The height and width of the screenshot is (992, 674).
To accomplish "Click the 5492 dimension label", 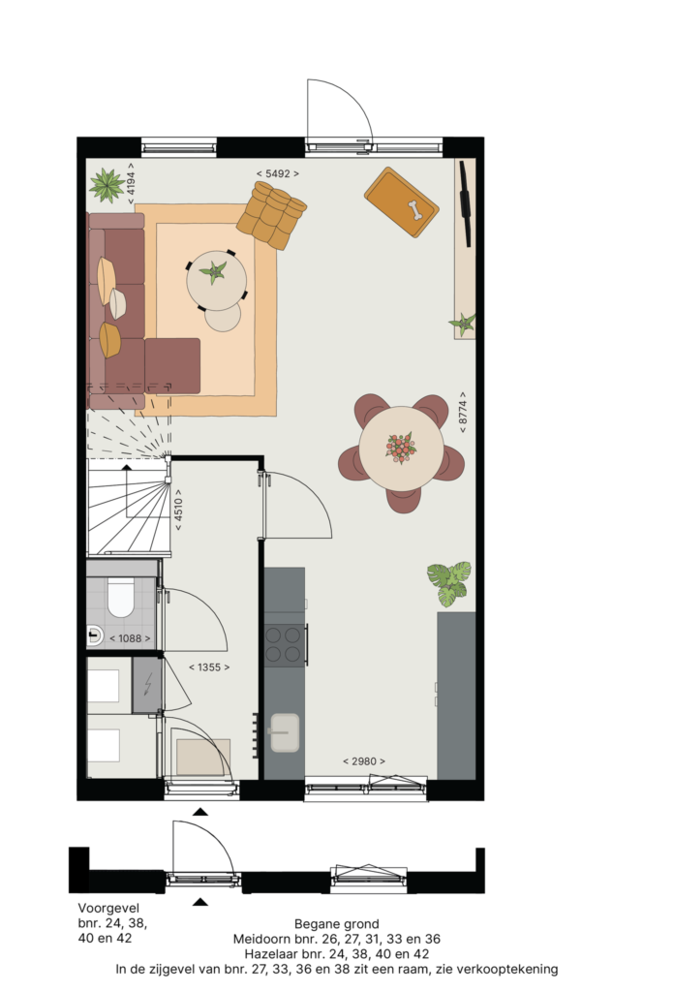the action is pyautogui.click(x=278, y=173).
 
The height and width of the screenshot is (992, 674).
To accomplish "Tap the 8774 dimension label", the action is pyautogui.click(x=463, y=412).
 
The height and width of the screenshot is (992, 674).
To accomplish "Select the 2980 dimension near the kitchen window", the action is pyautogui.click(x=363, y=761).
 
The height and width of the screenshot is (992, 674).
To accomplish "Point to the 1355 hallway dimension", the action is pyautogui.click(x=209, y=666).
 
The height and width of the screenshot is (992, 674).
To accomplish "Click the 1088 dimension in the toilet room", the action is pyautogui.click(x=130, y=638).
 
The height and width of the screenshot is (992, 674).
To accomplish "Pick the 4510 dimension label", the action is pyautogui.click(x=178, y=510).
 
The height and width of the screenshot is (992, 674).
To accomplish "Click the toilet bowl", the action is pyautogui.click(x=120, y=597).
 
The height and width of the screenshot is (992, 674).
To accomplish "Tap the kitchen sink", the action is pyautogui.click(x=285, y=732).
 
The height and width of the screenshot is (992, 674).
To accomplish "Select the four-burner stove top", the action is pyautogui.click(x=285, y=644).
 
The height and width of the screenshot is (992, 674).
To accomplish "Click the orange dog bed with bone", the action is pyautogui.click(x=402, y=201).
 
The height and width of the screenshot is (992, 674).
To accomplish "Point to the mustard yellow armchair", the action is pyautogui.click(x=271, y=215).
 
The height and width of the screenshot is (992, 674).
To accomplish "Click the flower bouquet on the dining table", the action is pyautogui.click(x=401, y=448).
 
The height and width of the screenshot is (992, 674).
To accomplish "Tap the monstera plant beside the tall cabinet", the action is pyautogui.click(x=449, y=583).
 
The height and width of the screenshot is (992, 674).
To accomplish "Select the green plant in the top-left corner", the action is pyautogui.click(x=107, y=185).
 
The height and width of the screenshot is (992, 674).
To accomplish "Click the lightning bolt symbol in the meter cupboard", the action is pyautogui.click(x=148, y=684).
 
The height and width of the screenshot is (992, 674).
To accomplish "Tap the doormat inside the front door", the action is pyautogui.click(x=203, y=757).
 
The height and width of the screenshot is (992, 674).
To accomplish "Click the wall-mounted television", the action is pyautogui.click(x=466, y=203).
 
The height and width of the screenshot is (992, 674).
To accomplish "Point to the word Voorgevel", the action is pyautogui.click(x=108, y=908).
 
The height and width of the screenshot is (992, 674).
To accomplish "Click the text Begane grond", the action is pyautogui.click(x=336, y=924).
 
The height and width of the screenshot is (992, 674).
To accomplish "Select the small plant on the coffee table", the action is pyautogui.click(x=214, y=272).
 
